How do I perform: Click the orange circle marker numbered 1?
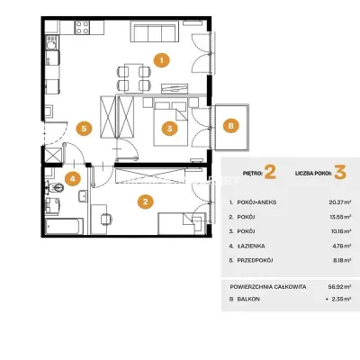[161, 60]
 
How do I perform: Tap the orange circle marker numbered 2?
[146, 202]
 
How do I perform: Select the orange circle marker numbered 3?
[170, 129]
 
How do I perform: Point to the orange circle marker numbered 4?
[73, 179]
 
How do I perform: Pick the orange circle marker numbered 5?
[84, 129]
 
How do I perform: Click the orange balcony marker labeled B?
[230, 126]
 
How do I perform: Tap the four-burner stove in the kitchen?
[82, 27]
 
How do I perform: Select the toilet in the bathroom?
[56, 188]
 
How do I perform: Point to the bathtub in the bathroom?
[64, 226]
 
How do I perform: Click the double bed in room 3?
[171, 123]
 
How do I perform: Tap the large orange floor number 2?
[270, 173]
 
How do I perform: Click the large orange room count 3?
[340, 173]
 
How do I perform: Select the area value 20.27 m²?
[340, 202]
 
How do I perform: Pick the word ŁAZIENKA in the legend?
[251, 246]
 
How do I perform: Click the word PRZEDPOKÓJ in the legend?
[255, 260]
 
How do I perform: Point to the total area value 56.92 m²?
[340, 287]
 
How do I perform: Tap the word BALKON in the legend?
[248, 299]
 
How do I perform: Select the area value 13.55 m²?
[340, 217]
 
